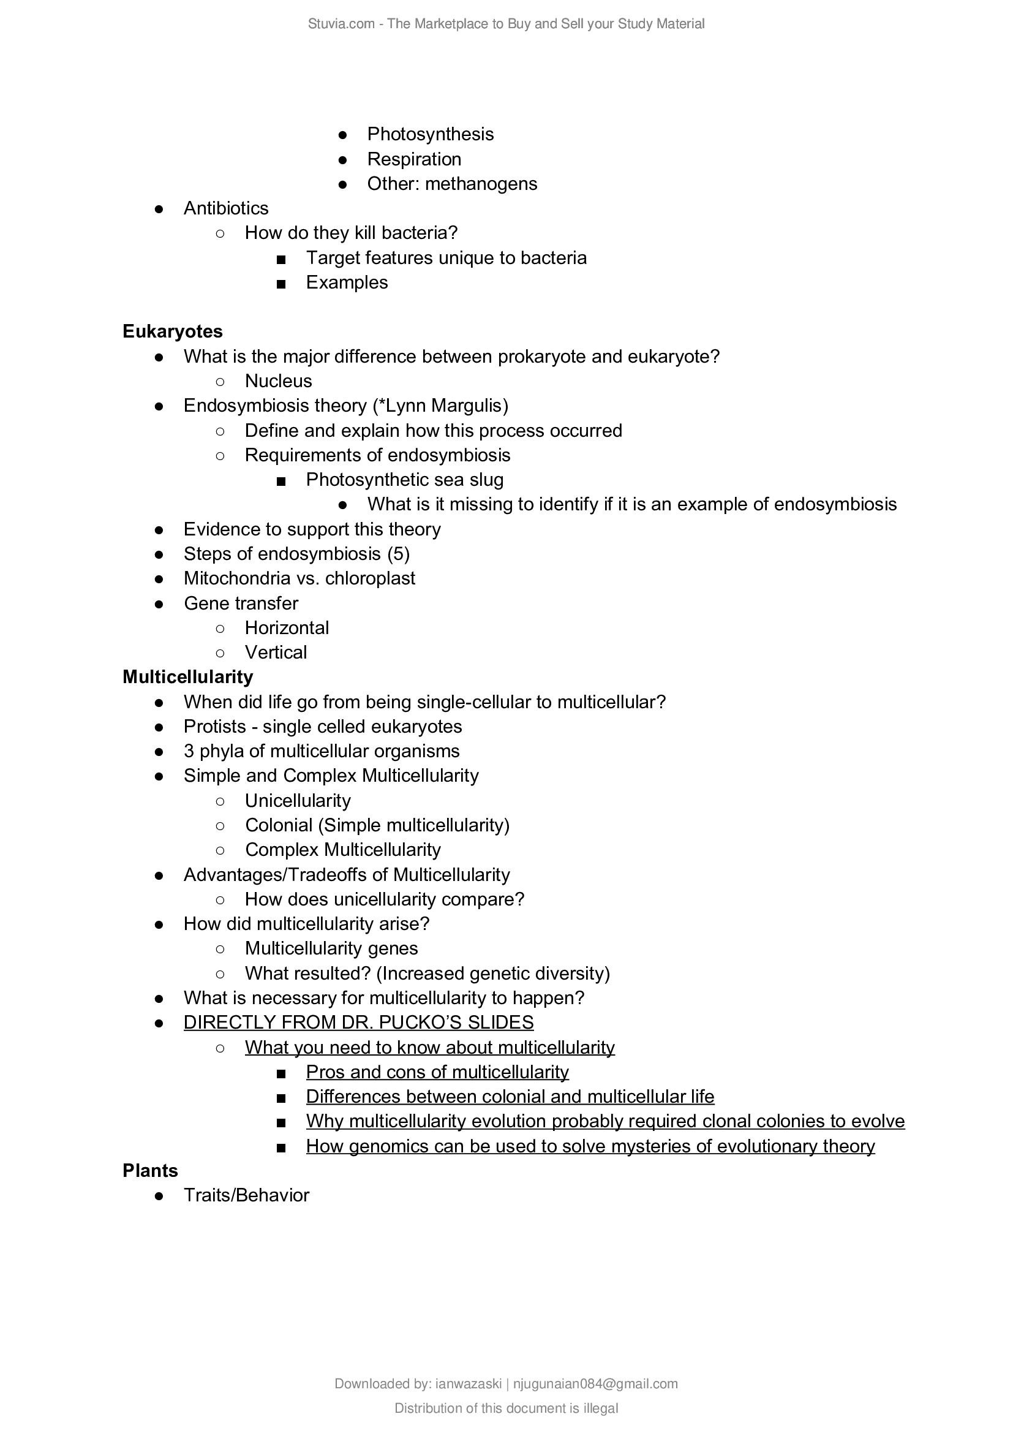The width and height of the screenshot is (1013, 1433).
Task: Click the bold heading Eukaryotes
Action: tap(172, 331)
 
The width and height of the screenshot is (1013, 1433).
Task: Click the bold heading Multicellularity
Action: tap(188, 677)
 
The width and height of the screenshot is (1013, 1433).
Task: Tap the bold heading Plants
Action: tap(149, 1171)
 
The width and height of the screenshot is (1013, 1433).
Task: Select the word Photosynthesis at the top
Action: tap(430, 134)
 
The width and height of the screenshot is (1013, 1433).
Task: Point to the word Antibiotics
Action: tap(226, 208)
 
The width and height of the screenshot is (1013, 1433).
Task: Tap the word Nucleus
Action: tap(278, 381)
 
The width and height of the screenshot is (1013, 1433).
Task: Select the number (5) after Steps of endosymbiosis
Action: tap(398, 554)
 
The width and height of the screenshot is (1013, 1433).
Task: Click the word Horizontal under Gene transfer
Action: tap(286, 628)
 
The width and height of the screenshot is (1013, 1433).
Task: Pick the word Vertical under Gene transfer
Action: tap(276, 653)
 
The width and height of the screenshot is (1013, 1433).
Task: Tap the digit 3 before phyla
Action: tap(189, 752)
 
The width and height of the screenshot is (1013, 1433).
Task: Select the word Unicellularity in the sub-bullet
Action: tap(298, 801)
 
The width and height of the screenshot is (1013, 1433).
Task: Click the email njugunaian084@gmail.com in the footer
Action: tap(595, 1385)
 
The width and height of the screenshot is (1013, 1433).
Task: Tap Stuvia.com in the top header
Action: tap(341, 24)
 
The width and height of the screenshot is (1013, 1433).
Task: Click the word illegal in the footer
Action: tap(601, 1408)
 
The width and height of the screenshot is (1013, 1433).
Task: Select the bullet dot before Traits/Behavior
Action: tap(159, 1196)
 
